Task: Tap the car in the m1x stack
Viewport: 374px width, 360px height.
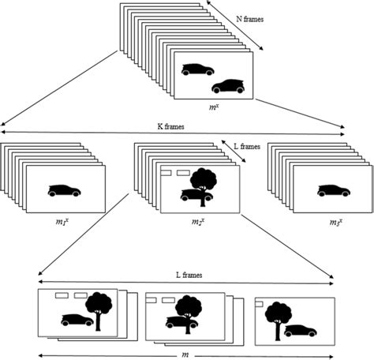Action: (x=65, y=190)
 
